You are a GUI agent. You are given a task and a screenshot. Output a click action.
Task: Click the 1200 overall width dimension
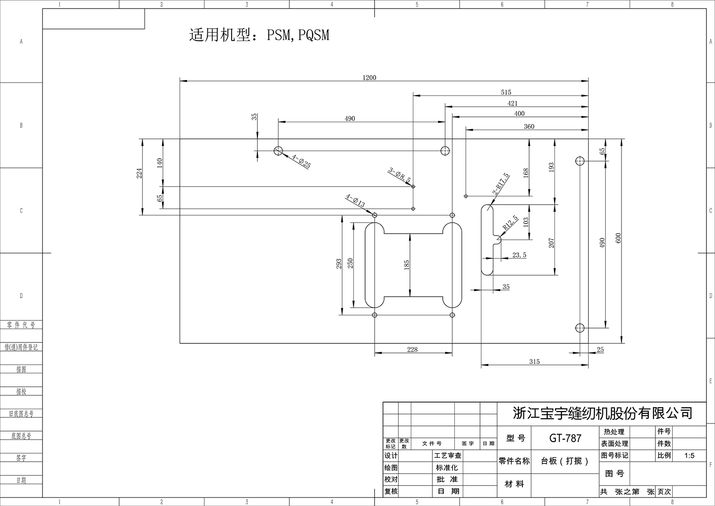(369, 78)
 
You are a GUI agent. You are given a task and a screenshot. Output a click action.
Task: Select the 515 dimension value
(506, 93)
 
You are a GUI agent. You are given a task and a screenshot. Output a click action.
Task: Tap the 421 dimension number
(512, 103)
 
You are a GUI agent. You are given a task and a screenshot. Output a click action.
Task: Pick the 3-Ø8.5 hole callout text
(399, 175)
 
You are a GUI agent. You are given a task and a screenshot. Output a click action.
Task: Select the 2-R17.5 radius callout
(500, 184)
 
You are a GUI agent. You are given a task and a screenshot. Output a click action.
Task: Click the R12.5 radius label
(510, 223)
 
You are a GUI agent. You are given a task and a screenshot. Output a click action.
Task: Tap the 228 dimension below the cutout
(412, 350)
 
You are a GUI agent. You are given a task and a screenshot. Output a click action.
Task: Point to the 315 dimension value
(534, 362)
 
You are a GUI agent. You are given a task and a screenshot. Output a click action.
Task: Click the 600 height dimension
(618, 238)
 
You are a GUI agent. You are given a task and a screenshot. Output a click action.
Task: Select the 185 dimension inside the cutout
(407, 265)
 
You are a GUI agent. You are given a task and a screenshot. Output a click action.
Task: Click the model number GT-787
(565, 438)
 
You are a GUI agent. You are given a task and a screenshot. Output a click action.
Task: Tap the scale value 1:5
(689, 455)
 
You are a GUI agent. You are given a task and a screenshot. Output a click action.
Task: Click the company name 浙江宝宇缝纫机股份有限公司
(603, 413)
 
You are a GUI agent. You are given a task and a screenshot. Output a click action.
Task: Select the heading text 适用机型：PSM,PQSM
(259, 35)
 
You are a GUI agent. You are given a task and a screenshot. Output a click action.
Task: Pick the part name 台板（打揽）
(565, 461)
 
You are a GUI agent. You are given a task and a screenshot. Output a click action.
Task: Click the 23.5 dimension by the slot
(519, 255)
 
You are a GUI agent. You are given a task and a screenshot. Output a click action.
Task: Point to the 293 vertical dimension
(339, 265)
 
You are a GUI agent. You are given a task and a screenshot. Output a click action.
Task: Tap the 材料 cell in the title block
(514, 484)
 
